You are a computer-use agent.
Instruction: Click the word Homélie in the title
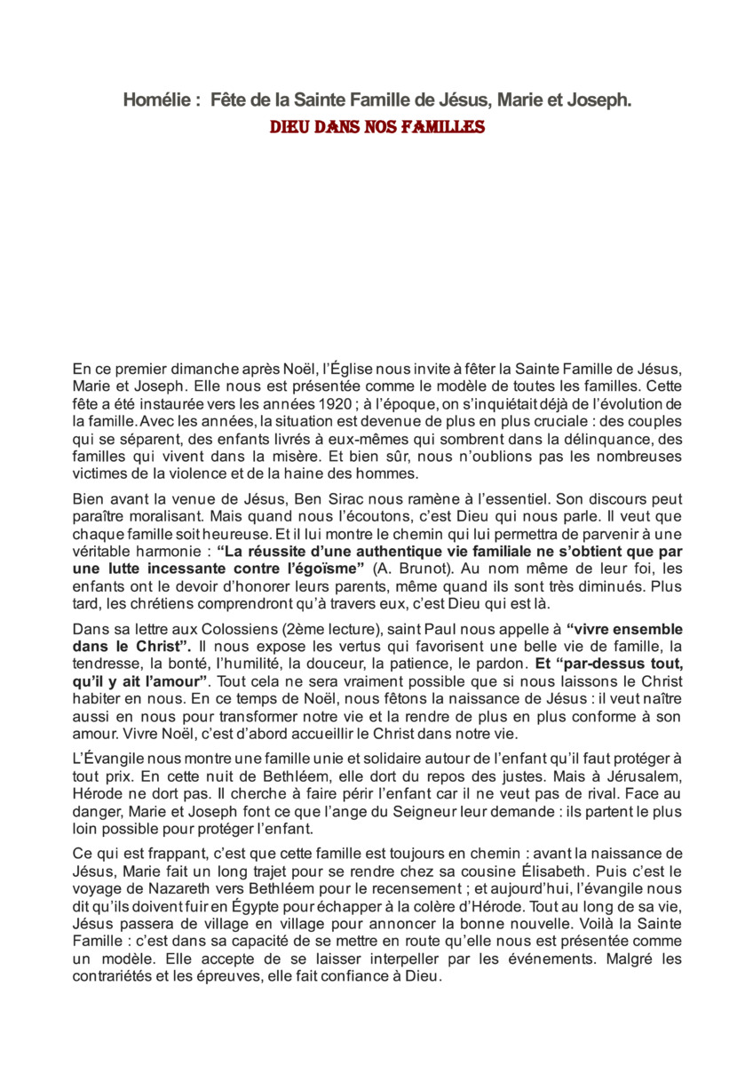click(156, 101)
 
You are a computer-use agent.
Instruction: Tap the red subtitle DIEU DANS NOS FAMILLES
click(377, 127)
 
